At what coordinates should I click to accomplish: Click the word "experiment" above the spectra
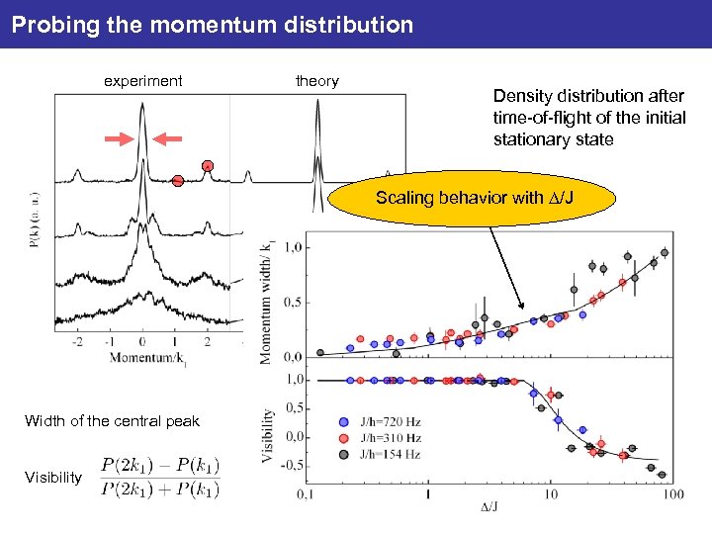[x=143, y=81]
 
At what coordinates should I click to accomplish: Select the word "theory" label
[x=316, y=81]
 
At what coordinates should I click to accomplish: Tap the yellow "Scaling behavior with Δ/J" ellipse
[x=474, y=198]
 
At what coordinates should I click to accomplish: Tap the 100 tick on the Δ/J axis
[x=673, y=494]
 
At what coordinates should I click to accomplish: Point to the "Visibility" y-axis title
[x=269, y=435]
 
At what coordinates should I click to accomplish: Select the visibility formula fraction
[x=160, y=477]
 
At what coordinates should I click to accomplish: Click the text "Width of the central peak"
[x=112, y=421]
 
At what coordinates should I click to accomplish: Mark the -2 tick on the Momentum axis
[x=77, y=341]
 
